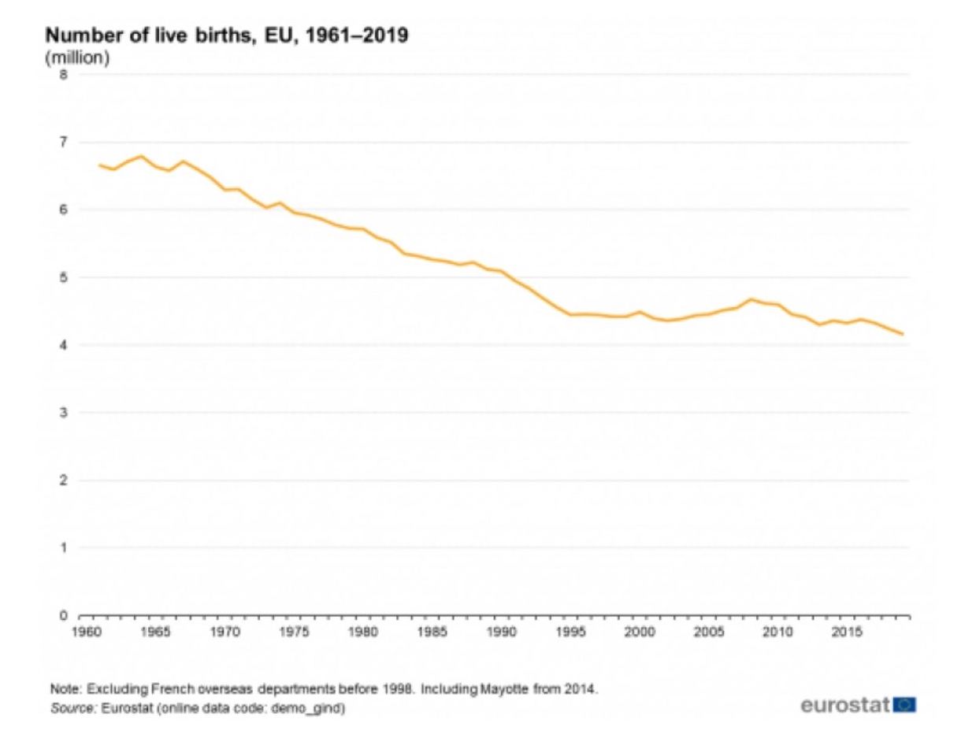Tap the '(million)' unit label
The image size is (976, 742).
point(77,58)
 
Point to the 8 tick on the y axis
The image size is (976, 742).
point(64,75)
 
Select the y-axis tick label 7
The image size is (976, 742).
point(64,143)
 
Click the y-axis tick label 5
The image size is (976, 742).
point(64,277)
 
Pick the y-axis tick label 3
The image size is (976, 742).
point(64,413)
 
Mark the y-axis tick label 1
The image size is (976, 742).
point(64,547)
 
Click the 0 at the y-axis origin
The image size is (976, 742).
point(64,615)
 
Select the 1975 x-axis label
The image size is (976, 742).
point(294,633)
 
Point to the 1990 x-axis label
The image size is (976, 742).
point(502,633)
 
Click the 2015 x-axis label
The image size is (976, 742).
point(847,633)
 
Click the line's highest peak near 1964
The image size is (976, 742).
point(141,156)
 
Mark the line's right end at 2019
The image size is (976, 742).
point(903,334)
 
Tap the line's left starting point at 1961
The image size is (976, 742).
point(99,165)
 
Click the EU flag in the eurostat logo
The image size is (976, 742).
point(905,704)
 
